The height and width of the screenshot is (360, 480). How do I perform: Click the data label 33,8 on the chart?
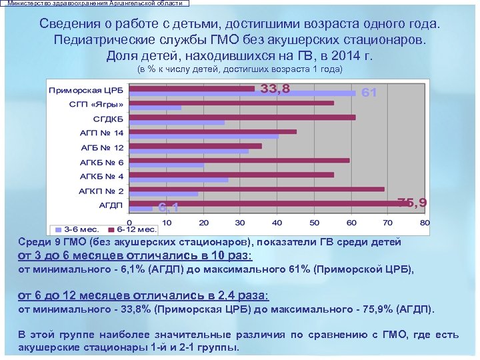click(275, 89)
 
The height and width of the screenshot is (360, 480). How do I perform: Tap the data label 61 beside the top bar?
click(369, 93)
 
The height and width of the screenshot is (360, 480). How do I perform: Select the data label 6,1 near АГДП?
click(168, 207)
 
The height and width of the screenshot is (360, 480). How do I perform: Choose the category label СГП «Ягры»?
click(96, 105)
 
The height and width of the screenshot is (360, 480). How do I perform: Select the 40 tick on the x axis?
click(277, 222)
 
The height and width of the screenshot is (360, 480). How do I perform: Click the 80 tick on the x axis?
click(425, 222)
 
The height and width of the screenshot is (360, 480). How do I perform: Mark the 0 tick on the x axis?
click(129, 222)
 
